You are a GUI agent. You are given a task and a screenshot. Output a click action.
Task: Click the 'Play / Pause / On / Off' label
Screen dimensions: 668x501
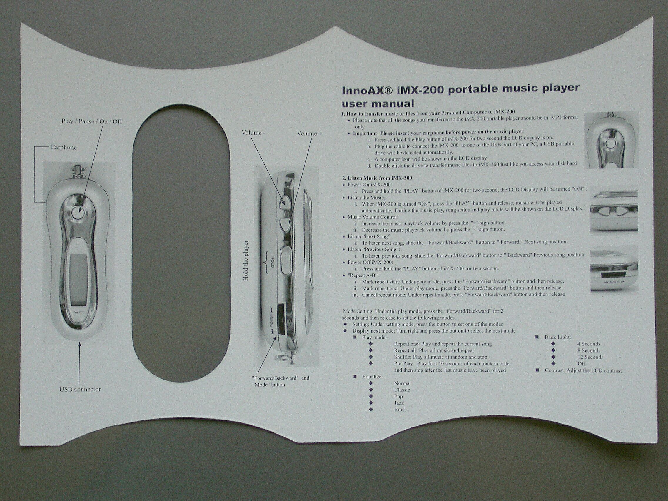[92, 121]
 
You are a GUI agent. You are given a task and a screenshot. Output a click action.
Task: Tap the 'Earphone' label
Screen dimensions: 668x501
[64, 147]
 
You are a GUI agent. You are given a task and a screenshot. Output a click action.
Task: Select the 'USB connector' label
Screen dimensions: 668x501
[80, 389]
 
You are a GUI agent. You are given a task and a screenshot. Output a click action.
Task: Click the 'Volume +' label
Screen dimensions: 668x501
[310, 133]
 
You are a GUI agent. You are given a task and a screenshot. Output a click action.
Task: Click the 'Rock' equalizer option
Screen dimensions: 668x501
[400, 410]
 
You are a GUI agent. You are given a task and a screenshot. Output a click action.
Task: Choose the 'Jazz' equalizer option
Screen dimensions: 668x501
[399, 403]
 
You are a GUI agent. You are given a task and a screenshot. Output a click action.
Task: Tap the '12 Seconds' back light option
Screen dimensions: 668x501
[590, 357]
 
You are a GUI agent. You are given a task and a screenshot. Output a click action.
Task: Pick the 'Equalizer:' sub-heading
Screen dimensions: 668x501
[373, 377]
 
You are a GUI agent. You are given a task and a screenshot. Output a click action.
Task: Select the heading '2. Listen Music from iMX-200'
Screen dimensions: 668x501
[377, 178]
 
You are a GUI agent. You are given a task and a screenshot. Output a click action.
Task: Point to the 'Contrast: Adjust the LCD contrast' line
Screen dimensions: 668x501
[583, 370]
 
